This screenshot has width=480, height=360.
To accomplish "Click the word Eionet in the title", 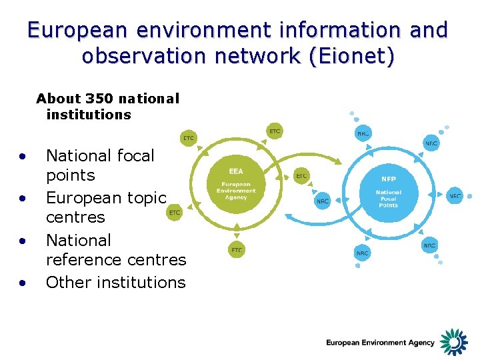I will (356, 55).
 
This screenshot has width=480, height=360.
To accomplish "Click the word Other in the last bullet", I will (69, 282).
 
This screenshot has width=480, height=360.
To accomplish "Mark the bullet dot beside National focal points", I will (23, 157).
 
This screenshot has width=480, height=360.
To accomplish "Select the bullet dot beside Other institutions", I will (23, 283).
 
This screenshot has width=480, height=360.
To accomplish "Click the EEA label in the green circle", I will (236, 171).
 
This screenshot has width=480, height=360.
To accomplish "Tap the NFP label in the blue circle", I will (388, 179).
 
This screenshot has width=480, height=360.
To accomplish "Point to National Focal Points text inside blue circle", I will (388, 199).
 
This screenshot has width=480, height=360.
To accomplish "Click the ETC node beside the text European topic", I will (175, 213).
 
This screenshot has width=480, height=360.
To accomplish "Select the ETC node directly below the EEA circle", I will (237, 250).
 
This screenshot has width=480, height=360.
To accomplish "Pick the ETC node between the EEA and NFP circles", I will (301, 175).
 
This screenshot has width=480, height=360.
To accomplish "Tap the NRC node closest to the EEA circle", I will (322, 201).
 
